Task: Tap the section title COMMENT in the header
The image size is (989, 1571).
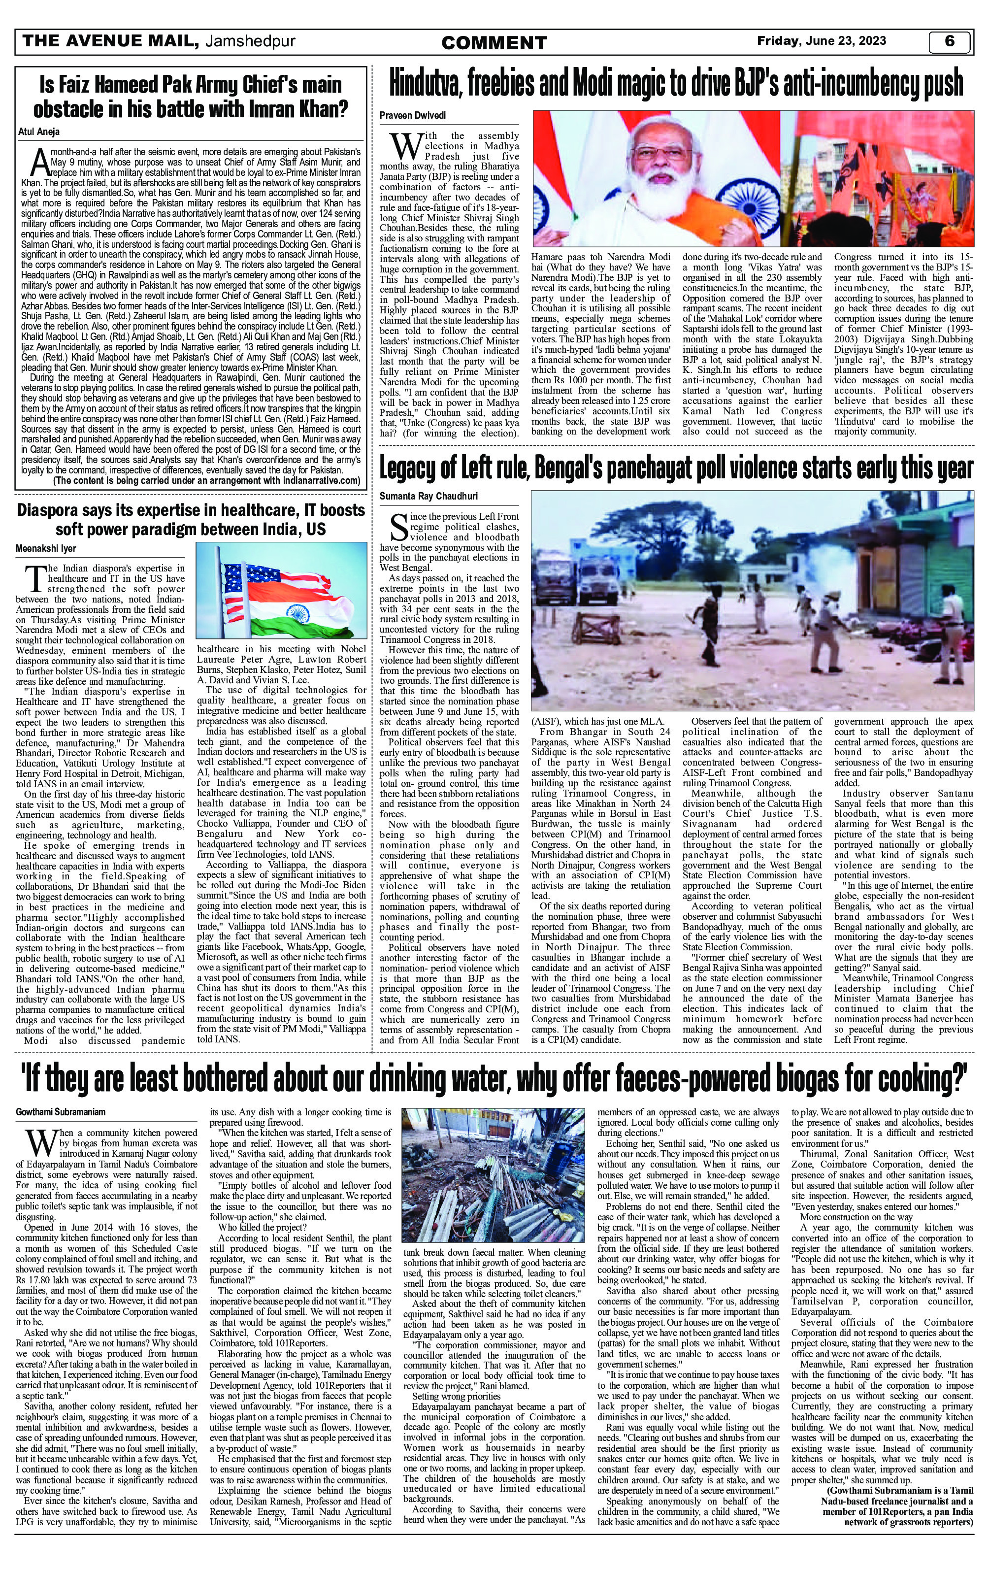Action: point(494,43)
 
